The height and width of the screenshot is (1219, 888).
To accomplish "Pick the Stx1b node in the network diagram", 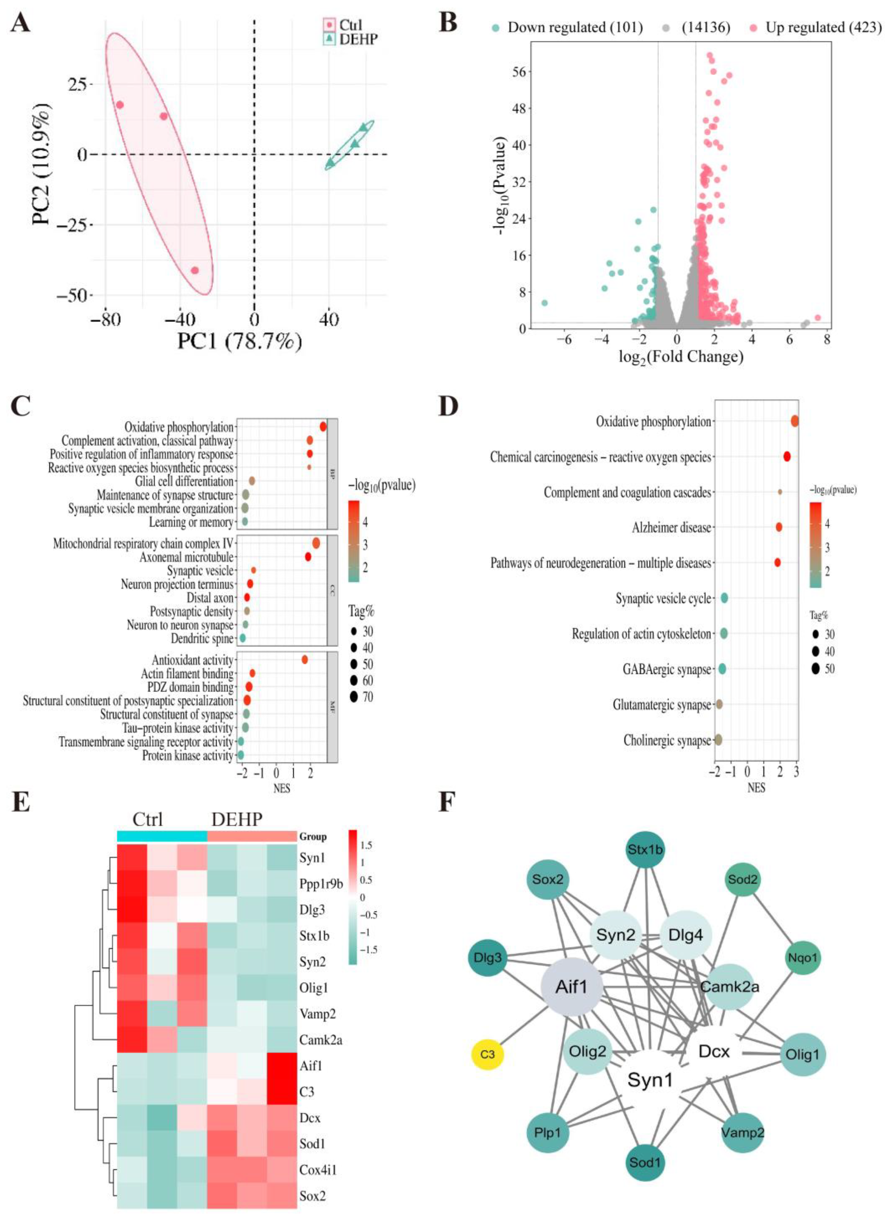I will [x=645, y=850].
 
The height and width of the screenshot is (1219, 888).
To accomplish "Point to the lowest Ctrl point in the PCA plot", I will [x=195, y=270].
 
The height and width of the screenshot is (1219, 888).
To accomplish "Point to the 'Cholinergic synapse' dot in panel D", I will [x=717, y=740].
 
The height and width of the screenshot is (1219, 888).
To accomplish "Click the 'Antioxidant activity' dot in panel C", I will [x=305, y=659].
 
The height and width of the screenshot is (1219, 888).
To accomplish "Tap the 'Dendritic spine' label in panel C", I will [x=202, y=639].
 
